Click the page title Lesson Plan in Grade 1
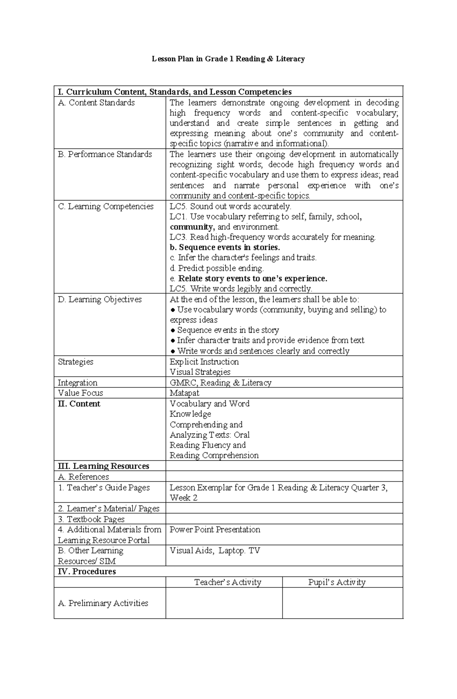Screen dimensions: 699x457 tap(228, 59)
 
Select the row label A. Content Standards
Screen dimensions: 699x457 tap(96, 102)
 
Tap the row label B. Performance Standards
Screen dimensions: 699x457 tap(105, 154)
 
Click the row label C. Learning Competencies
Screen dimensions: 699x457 tap(105, 206)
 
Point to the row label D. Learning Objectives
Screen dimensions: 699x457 tap(100, 299)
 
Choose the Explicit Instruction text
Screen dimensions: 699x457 tap(204, 361)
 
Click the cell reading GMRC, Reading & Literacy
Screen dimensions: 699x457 tap(221, 382)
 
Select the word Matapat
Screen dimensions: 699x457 tap(184, 393)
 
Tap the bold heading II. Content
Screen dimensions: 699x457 tap(79, 404)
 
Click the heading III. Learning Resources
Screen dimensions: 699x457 tap(103, 466)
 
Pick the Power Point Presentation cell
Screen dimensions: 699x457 tap(215, 529)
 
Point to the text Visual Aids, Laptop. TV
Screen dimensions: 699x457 tap(215, 550)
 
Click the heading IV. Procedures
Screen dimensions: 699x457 tap(87, 571)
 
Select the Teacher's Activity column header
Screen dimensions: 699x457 tap(228, 582)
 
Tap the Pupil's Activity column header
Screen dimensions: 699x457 tap(337, 582)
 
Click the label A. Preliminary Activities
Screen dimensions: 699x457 tap(103, 603)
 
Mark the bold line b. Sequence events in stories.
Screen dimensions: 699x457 tap(225, 247)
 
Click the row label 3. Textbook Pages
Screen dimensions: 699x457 tap(91, 519)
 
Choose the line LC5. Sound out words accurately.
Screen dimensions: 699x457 tap(230, 206)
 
